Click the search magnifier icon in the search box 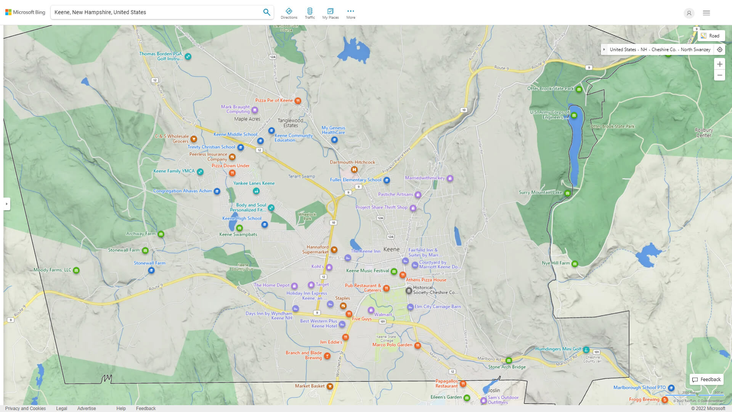click(266, 12)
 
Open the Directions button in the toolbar click(289, 13)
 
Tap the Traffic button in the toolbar click(310, 13)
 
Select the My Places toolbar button click(330, 13)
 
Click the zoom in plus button click(719, 64)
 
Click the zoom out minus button click(719, 75)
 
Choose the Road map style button click(711, 36)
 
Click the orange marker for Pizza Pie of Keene click(298, 101)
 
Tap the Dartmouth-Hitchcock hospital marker click(354, 169)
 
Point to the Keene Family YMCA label click(174, 171)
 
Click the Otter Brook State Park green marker click(579, 90)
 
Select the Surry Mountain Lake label click(540, 192)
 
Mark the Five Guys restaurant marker click(349, 314)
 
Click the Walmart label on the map click(383, 315)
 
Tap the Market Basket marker click(330, 386)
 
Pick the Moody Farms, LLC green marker click(76, 270)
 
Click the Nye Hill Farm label click(555, 263)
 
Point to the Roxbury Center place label click(703, 133)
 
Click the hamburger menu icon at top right click(706, 13)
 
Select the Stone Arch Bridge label click(507, 367)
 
